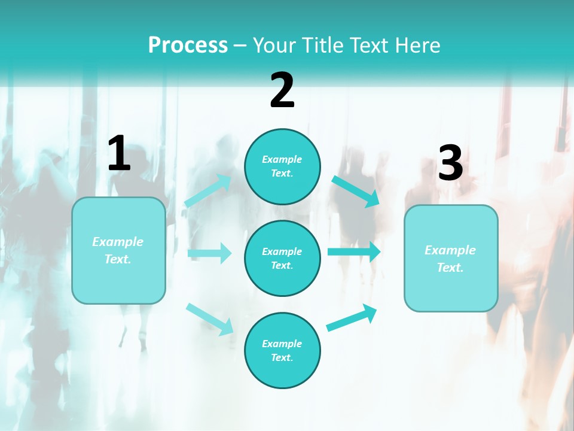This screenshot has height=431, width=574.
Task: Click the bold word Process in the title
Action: point(188,45)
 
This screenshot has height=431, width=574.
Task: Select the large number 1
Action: point(119,154)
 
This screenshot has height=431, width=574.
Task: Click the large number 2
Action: point(282,90)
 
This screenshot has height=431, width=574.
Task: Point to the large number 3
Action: point(450,163)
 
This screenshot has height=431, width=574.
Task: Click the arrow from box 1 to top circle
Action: point(208,191)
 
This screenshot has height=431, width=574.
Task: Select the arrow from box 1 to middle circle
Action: point(209,253)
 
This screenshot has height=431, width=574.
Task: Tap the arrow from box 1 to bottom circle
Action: point(209,318)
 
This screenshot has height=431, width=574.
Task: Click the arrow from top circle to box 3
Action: point(356,191)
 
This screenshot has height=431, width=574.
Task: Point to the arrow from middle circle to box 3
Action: point(354,251)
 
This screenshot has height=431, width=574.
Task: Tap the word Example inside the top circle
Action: point(282,159)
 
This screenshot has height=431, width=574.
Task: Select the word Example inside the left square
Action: point(118,242)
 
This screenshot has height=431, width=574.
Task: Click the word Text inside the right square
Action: point(450,268)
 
